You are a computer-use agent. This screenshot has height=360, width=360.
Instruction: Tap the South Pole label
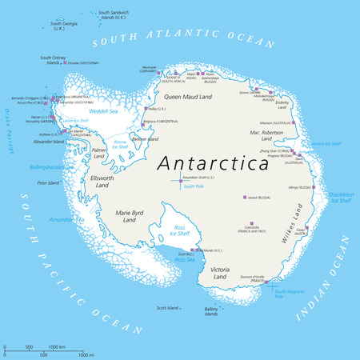(x=193, y=186)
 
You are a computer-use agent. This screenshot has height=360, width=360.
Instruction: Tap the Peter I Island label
(x=50, y=183)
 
